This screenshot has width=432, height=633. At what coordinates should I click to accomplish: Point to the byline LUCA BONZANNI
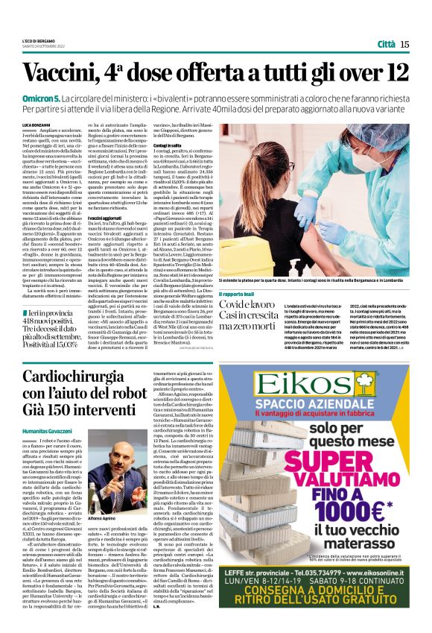point(35,123)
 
